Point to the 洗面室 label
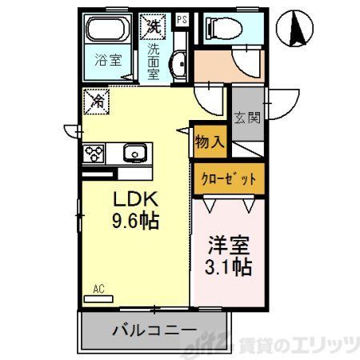[153, 60]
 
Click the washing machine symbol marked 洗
[152, 26]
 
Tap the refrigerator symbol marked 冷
[97, 102]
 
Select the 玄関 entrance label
[247, 118]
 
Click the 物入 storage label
[208, 142]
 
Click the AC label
[98, 289]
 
